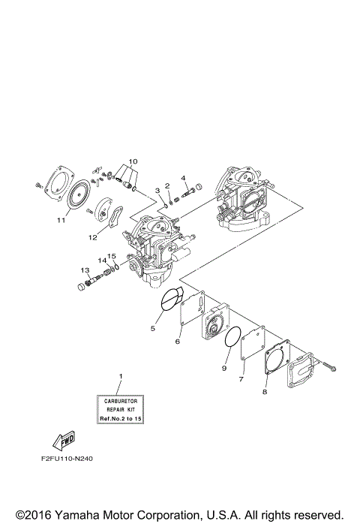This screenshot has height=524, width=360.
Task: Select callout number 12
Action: click(x=94, y=238)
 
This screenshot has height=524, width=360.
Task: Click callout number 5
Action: click(x=154, y=328)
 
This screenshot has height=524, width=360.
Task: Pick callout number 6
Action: click(x=178, y=342)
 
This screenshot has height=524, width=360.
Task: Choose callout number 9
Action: click(x=223, y=368)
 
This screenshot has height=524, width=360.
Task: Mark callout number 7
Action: click(x=241, y=381)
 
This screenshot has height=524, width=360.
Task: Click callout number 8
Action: click(x=265, y=392)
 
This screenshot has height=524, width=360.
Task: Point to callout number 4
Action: click(x=183, y=178)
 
